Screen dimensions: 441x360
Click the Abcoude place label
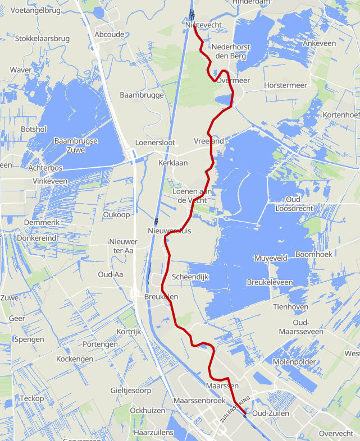pyautogui.click(x=110, y=34)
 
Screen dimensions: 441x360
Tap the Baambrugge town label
pyautogui.click(x=142, y=95)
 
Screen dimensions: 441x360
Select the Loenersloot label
pyautogui.click(x=156, y=143)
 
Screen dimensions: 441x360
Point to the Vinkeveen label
pyautogui.click(x=50, y=181)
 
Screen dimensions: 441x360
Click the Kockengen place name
pyautogui.click(x=75, y=359)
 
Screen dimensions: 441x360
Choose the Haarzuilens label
pyautogui.click(x=153, y=433)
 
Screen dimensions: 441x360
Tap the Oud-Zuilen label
pyautogui.click(x=271, y=414)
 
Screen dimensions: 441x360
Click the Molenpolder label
pyautogui.click(x=295, y=362)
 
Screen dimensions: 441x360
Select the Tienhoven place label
pyautogui.click(x=290, y=307)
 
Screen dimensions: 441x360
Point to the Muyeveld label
pyautogui.click(x=271, y=258)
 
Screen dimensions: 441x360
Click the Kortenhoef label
pyautogui.click(x=341, y=115)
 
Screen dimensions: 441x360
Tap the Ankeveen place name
pyautogui.click(x=318, y=43)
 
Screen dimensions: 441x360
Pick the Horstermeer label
pyautogui.click(x=286, y=85)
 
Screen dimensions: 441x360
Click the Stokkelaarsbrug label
pyautogui.click(x=43, y=39)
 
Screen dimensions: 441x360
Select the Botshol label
pyautogui.click(x=33, y=129)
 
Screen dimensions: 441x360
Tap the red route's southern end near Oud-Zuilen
pyautogui.click(x=245, y=416)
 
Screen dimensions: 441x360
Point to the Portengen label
pyautogui.click(x=99, y=344)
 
